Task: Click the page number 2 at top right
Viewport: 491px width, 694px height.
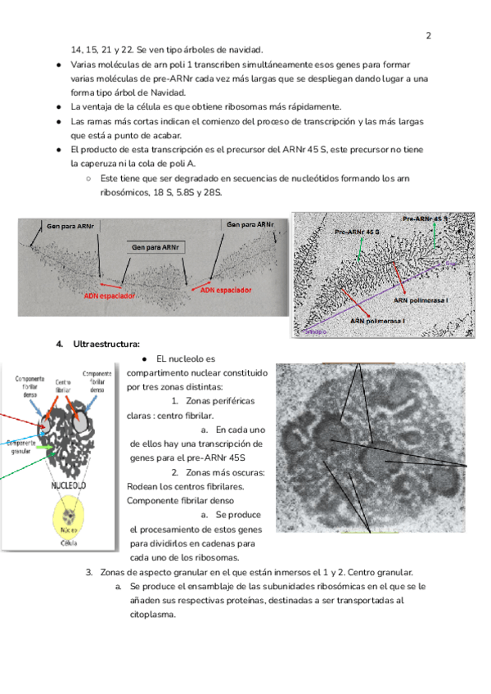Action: coord(428,36)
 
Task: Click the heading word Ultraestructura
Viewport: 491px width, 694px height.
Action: coord(106,344)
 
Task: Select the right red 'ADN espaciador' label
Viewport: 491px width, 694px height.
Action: coord(221,290)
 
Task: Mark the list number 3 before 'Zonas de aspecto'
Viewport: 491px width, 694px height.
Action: coord(89,572)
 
